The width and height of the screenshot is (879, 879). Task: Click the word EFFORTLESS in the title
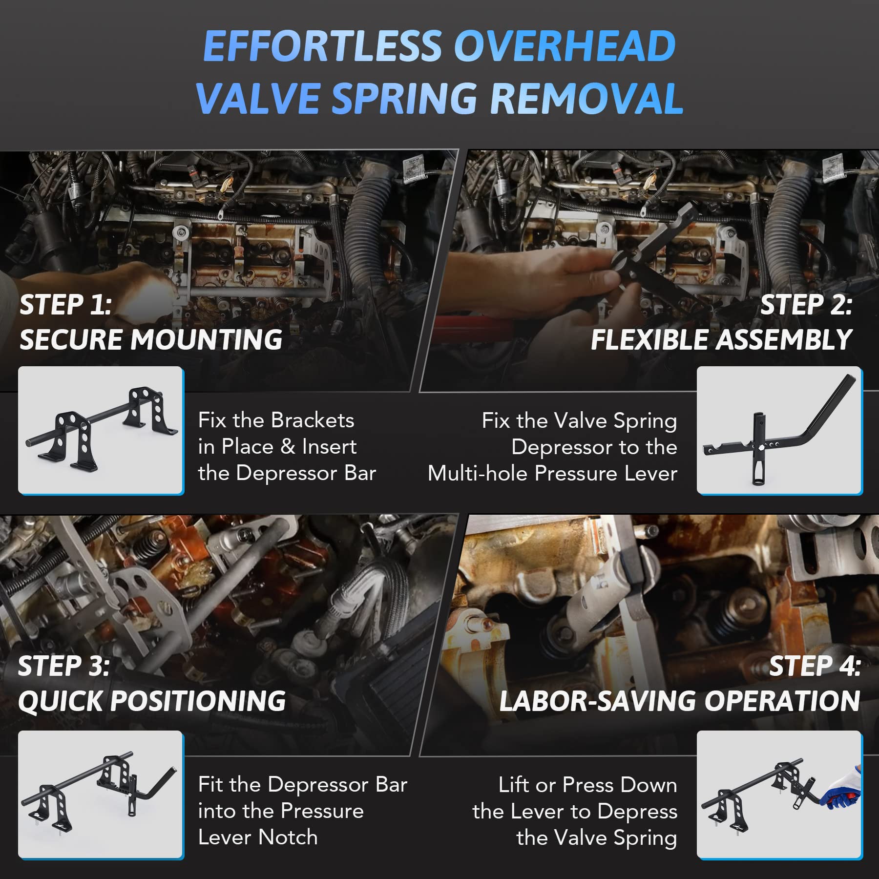coord(323,46)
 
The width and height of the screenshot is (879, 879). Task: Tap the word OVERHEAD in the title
coord(565,46)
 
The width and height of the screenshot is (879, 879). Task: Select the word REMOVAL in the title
coord(586,98)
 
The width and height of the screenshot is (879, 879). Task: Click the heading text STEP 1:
coord(66,305)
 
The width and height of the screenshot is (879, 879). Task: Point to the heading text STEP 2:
coord(806,305)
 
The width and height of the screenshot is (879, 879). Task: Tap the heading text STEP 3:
coord(64,666)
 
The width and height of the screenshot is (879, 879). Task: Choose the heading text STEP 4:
coord(815,666)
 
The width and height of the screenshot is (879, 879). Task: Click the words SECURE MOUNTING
coord(151,339)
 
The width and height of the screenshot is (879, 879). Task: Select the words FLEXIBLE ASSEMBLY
coord(721,339)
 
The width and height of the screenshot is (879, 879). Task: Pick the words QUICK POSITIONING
coord(152,701)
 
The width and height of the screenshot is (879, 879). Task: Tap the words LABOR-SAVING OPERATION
coord(679,701)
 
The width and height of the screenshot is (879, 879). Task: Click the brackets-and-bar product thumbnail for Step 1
coord(101,430)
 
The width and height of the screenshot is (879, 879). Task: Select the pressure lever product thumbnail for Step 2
coord(779,430)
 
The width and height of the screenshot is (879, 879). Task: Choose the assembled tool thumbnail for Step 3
coord(101,794)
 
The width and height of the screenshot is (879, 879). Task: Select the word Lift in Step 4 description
coord(514,785)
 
